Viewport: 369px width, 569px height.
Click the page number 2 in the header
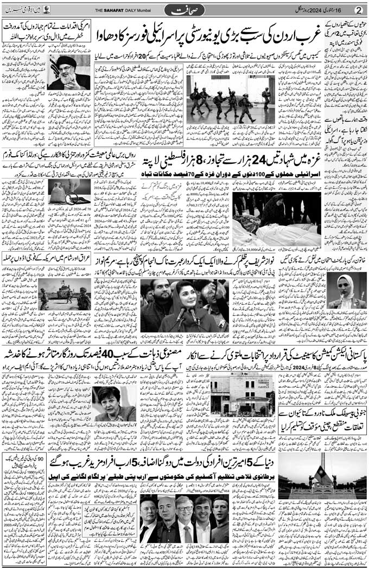[x=358, y=10]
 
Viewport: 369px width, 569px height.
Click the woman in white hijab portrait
[x=345, y=290]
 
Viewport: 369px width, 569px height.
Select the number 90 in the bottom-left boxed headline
[x=40, y=458]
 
